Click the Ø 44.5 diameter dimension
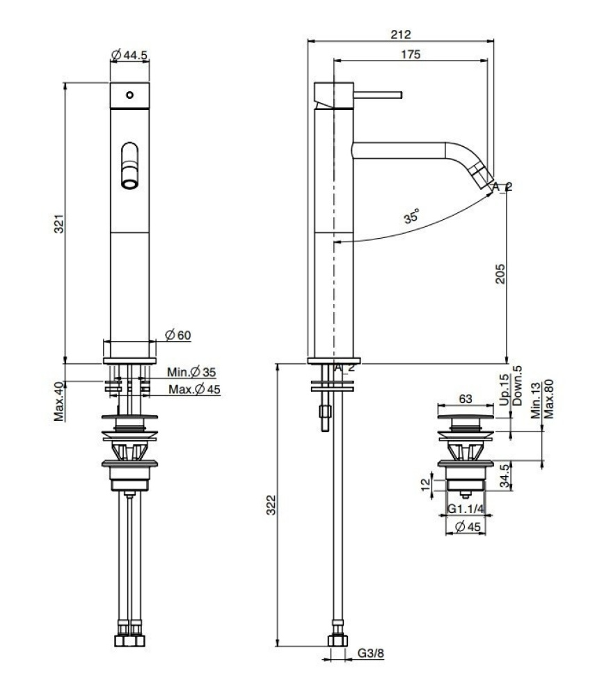click(129, 54)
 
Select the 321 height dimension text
click(60, 223)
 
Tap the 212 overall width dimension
click(401, 34)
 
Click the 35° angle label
click(411, 217)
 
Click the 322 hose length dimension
click(271, 507)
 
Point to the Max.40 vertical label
click(60, 401)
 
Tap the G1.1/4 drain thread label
click(466, 509)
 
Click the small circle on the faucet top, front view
click(129, 95)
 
